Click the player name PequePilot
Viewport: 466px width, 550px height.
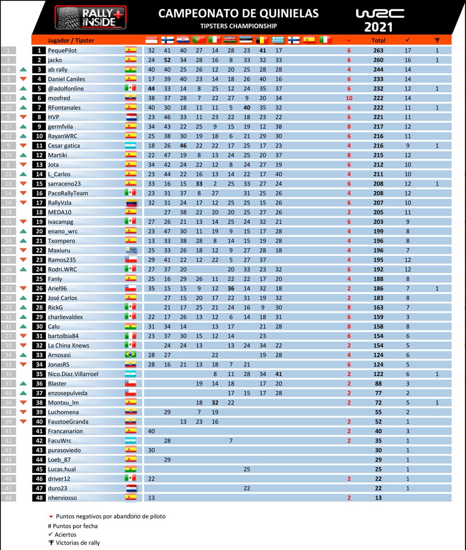coord(62,50)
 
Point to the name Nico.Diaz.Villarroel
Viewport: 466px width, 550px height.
coord(73,374)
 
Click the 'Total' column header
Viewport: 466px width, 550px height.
coord(378,40)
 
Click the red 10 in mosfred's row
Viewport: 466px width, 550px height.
coord(349,98)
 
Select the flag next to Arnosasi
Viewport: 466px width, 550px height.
coord(131,355)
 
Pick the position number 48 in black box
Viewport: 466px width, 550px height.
coord(39,498)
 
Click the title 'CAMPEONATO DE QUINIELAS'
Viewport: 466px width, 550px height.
coord(238,13)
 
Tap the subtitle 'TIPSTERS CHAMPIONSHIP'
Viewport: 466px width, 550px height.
coord(238,26)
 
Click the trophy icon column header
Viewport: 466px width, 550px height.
coord(437,40)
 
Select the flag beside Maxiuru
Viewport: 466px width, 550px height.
coord(131,250)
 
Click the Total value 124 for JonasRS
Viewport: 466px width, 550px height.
coord(378,364)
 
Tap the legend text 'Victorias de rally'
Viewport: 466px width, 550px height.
coord(78,543)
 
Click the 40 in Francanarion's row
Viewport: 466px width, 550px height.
coord(151,431)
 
